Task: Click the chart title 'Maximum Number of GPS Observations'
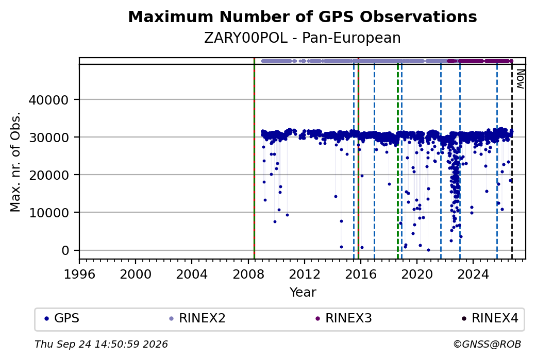coord(303,16)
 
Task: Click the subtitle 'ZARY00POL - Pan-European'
coord(303,38)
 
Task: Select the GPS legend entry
coord(62,318)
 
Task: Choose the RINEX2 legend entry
coord(197,318)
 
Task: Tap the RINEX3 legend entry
coord(344,318)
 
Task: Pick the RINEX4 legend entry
coord(490,318)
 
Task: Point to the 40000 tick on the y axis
coord(48,100)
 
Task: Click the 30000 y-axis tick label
coord(48,138)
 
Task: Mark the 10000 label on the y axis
coord(48,213)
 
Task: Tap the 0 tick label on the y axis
coord(65,251)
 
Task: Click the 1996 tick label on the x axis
coord(79,274)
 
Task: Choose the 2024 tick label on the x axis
coord(473,274)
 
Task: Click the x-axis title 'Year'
coord(303,293)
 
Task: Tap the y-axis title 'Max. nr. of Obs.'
coord(15,162)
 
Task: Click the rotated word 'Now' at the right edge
coord(520,79)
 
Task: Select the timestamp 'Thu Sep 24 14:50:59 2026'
coord(101,344)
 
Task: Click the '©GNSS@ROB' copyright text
coord(487,344)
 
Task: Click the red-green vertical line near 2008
coord(254,159)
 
